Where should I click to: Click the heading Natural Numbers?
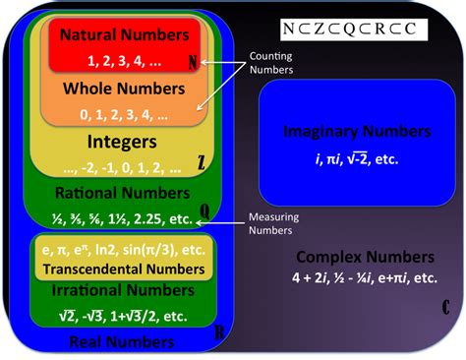click(x=123, y=35)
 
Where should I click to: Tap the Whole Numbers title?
click(x=124, y=90)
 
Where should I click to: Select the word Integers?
click(x=123, y=141)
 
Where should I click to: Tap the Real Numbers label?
click(x=110, y=341)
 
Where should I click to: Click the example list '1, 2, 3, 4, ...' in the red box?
click(x=123, y=60)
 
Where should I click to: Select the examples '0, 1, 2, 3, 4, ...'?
click(x=124, y=115)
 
